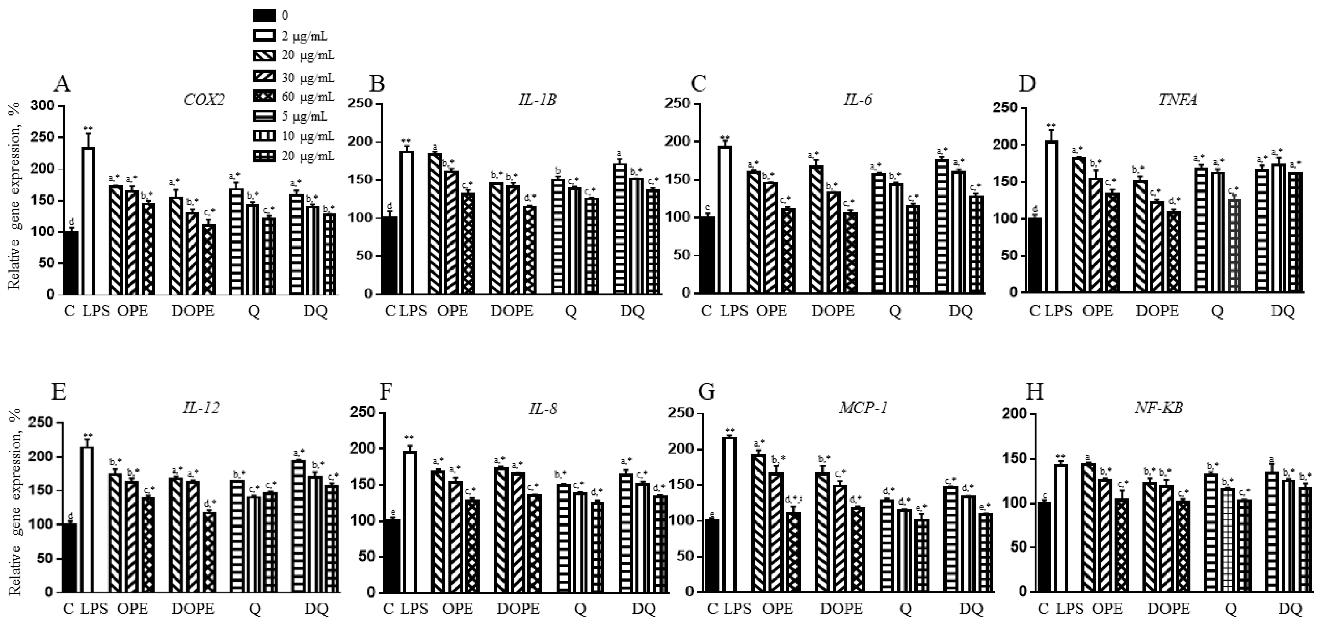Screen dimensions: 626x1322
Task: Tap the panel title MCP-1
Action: click(x=863, y=408)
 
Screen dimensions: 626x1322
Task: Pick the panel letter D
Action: click(x=1027, y=83)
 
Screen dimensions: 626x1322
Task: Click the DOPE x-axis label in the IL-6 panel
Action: click(x=832, y=311)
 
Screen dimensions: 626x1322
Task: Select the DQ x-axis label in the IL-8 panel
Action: click(x=643, y=609)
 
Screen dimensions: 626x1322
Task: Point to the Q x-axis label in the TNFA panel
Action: click(x=1217, y=311)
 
